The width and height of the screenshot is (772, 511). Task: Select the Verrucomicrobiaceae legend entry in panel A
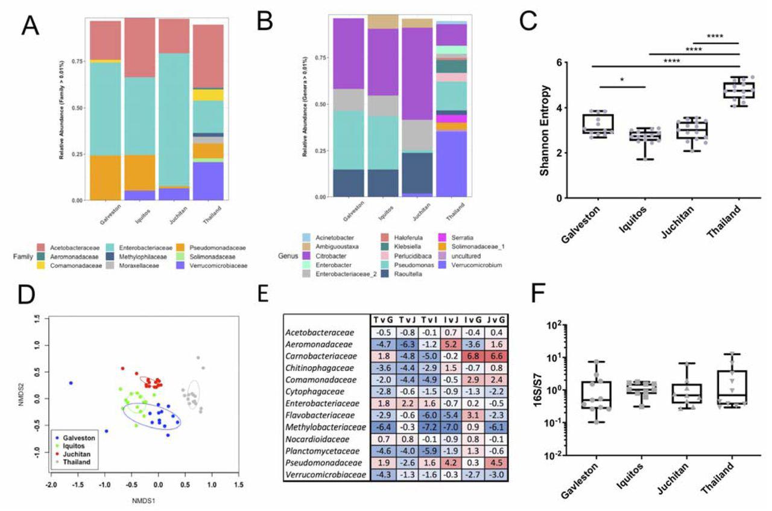pos(218,265)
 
